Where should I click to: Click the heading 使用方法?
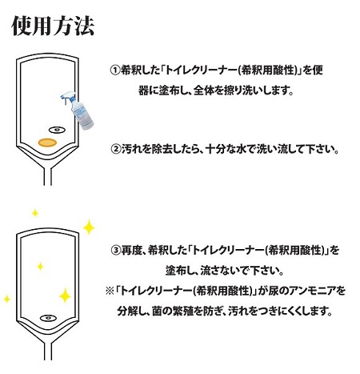(x=53, y=26)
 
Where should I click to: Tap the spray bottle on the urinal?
(x=78, y=111)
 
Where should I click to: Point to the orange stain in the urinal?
(x=47, y=143)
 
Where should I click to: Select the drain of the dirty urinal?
(x=57, y=130)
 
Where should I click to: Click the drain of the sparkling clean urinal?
(x=48, y=318)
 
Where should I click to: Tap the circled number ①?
(x=114, y=70)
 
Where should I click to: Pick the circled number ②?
(x=115, y=149)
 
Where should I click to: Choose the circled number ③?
(x=115, y=251)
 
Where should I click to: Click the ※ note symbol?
(x=110, y=291)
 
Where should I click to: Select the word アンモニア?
(x=310, y=291)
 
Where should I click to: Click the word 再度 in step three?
(x=131, y=251)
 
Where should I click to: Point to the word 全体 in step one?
(x=203, y=90)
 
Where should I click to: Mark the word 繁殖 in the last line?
(x=183, y=311)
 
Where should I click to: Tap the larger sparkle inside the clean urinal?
(x=65, y=296)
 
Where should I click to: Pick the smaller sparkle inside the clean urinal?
(x=40, y=266)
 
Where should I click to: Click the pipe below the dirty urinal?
(x=48, y=176)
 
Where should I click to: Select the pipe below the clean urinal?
(x=48, y=351)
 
